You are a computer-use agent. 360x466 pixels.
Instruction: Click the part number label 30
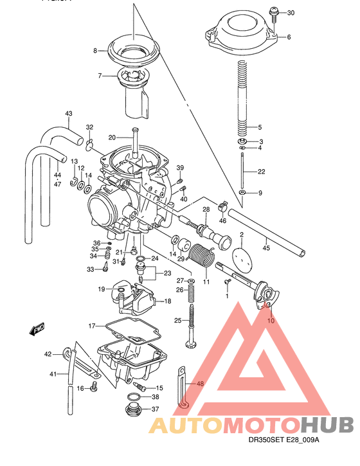[290, 13]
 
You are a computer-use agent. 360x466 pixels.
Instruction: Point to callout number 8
[95, 50]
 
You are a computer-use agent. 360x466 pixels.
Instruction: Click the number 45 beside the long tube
[267, 245]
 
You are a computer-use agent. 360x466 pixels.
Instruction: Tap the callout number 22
[261, 172]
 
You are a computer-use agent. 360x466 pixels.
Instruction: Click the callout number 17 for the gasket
[92, 326]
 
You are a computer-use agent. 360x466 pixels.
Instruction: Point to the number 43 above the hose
[69, 114]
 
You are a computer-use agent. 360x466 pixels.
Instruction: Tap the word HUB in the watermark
[327, 425]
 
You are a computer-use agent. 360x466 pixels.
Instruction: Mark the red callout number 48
[200, 384]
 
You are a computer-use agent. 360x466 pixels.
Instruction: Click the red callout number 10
[270, 319]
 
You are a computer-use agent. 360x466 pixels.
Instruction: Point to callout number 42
[48, 354]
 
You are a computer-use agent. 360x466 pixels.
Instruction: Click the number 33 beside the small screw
[91, 269]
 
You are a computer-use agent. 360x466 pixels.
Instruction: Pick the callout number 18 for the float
[168, 301]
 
